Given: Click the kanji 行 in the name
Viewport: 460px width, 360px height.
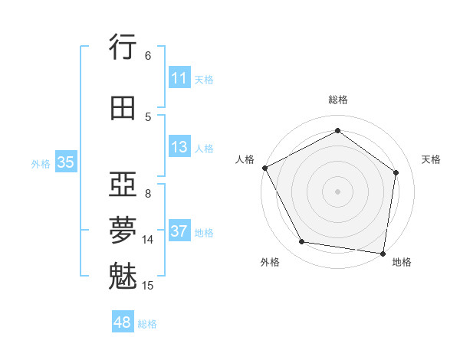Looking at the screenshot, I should pyautogui.click(x=123, y=47).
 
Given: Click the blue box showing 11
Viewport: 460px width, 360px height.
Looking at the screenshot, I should pyautogui.click(x=179, y=78).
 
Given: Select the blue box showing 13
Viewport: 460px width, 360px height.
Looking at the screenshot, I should pyautogui.click(x=179, y=147).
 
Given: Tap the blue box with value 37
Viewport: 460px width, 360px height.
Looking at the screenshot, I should pyautogui.click(x=179, y=231).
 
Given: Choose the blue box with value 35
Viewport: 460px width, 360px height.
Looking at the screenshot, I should pyautogui.click(x=65, y=162).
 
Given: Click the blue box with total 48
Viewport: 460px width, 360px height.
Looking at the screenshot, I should pyautogui.click(x=123, y=322).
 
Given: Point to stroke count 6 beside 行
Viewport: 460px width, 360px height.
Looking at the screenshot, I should pyautogui.click(x=147, y=55).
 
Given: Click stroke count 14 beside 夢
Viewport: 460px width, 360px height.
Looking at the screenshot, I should pyautogui.click(x=148, y=240).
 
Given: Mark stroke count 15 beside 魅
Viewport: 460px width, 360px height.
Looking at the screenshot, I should pyautogui.click(x=148, y=286).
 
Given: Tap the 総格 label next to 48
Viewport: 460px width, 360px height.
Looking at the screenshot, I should pyautogui.click(x=147, y=324).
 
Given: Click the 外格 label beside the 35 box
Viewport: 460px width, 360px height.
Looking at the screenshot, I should pyautogui.click(x=41, y=163).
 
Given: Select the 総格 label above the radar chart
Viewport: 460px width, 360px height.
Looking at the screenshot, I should pyautogui.click(x=337, y=100).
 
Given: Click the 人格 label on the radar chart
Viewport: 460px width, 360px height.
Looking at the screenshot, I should pyautogui.click(x=246, y=159).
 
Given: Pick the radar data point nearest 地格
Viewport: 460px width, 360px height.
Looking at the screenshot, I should pyautogui.click(x=383, y=253).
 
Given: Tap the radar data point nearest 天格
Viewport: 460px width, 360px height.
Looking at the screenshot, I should pyautogui.click(x=396, y=172).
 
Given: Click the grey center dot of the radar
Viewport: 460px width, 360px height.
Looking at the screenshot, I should pyautogui.click(x=337, y=191).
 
